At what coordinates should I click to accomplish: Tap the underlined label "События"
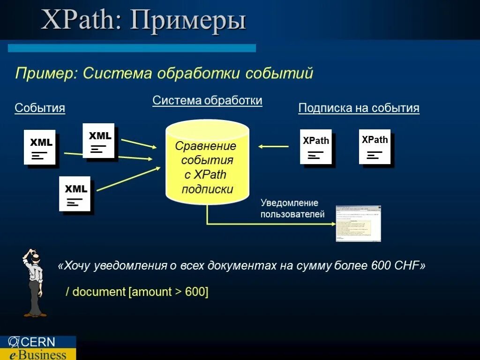pos(40,108)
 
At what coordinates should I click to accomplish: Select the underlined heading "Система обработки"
pos(207,101)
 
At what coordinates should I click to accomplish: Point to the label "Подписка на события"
pos(359,108)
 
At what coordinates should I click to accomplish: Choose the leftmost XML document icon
pos(40,147)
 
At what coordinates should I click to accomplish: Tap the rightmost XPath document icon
pos(375,146)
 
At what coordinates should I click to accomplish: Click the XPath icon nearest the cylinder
pos(316,147)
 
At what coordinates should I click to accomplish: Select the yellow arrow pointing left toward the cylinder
pos(273,147)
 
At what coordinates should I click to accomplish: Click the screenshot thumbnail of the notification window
pos(358,224)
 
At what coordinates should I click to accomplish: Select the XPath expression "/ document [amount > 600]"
pos(137,292)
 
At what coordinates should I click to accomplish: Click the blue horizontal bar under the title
pos(132,48)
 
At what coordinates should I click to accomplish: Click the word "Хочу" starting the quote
pos(77,266)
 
